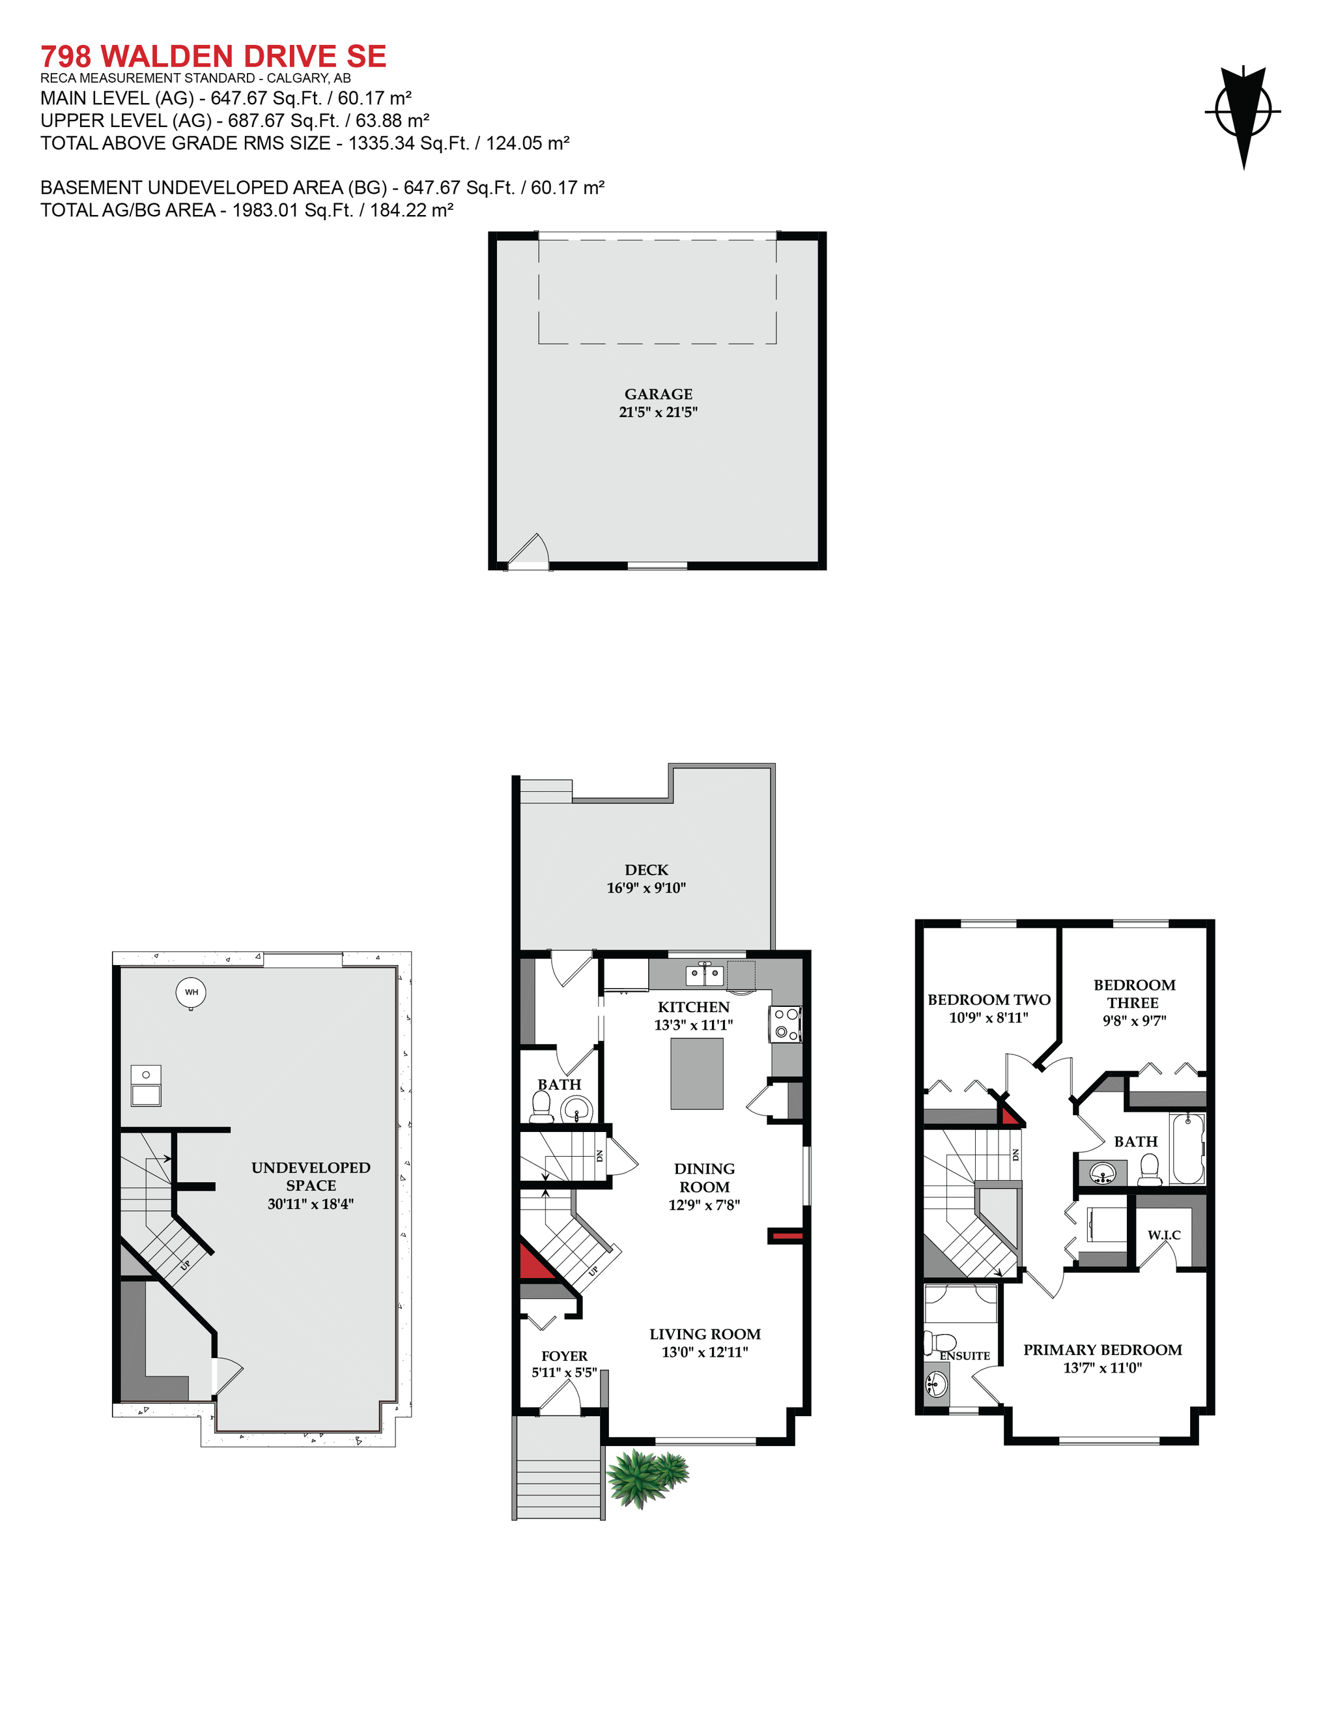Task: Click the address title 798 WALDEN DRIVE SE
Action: point(214,56)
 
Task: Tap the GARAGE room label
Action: point(659,394)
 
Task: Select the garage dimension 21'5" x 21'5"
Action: point(659,412)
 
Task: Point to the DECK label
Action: point(646,870)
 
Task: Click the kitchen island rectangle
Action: point(696,1074)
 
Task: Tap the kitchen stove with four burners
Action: point(786,1023)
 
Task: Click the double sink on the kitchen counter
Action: point(703,974)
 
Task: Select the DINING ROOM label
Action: point(704,1178)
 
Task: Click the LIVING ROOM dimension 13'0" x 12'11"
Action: point(705,1352)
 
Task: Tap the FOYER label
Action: point(564,1356)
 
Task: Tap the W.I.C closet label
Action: point(1164,1235)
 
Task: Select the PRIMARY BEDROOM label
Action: point(1103,1350)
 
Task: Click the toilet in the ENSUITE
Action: point(941,1341)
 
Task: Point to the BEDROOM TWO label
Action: point(989,1000)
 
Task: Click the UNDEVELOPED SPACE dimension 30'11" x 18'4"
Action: point(311,1204)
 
